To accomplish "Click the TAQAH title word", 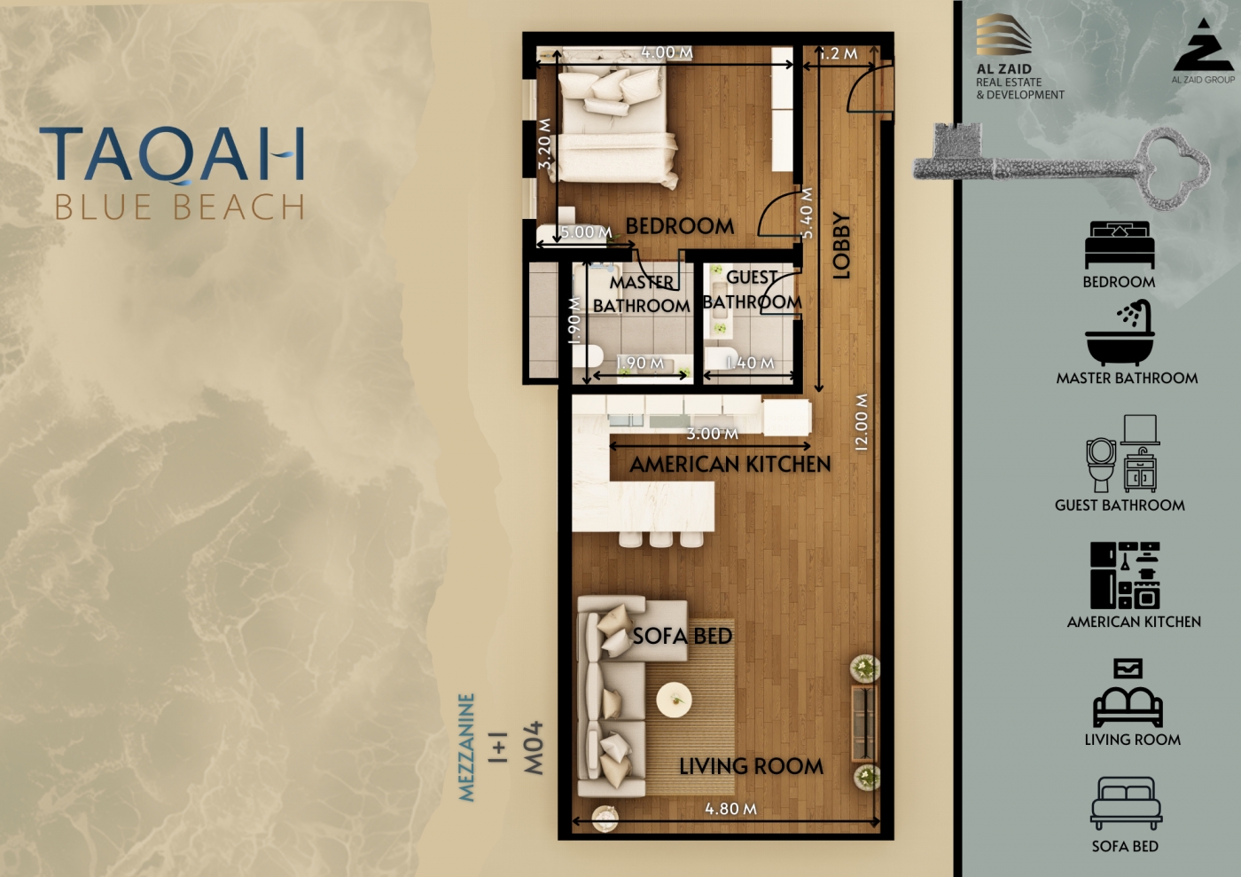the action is pyautogui.click(x=172, y=154).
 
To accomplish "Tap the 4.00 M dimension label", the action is pyautogui.click(x=667, y=52).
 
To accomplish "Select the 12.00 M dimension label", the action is pyautogui.click(x=862, y=422).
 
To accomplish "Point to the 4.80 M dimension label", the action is pyautogui.click(x=730, y=809).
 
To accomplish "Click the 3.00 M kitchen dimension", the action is pyautogui.click(x=713, y=434).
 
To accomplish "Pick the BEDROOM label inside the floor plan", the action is pyautogui.click(x=680, y=226).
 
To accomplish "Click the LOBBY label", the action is pyautogui.click(x=841, y=246).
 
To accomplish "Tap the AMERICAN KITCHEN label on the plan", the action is pyautogui.click(x=730, y=465).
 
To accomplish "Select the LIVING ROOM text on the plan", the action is pyautogui.click(x=752, y=767).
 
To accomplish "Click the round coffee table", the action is pyautogui.click(x=675, y=701).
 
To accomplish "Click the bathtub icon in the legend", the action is pyautogui.click(x=1120, y=333).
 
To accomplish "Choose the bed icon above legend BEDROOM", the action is pyautogui.click(x=1120, y=245).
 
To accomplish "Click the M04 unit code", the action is pyautogui.click(x=534, y=748).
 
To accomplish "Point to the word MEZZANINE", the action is pyautogui.click(x=467, y=748).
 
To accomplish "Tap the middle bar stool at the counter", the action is pyautogui.click(x=661, y=539).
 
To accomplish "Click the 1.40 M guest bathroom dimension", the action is pyautogui.click(x=750, y=363).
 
